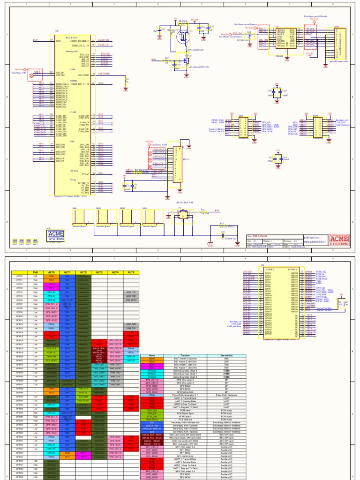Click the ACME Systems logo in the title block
coord(339,240)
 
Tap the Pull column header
coord(35,272)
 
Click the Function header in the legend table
coord(180,356)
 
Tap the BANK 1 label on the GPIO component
coord(293,270)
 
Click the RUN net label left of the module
coord(35,41)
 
